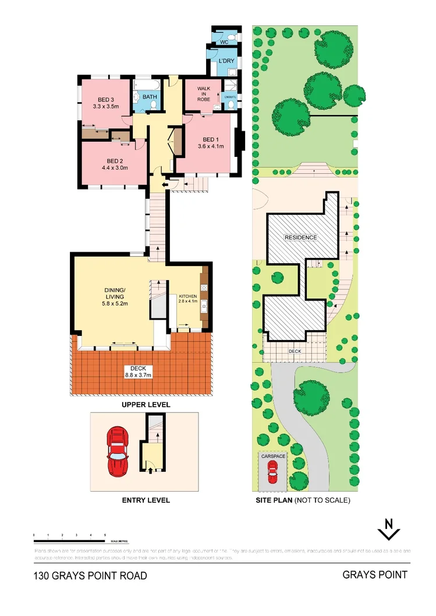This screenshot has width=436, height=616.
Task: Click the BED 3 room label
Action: point(105,99)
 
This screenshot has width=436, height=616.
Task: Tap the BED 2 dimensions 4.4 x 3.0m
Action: point(114,168)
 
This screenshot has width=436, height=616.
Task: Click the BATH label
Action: point(150,97)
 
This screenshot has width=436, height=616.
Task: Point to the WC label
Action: point(224,42)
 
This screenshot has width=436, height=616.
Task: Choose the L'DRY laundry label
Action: point(226,61)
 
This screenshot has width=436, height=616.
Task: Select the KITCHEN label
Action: point(187,295)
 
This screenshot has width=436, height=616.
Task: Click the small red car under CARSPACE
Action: point(272,472)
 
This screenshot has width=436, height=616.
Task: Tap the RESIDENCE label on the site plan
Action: point(300,238)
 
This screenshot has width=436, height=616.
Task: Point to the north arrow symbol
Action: point(388,529)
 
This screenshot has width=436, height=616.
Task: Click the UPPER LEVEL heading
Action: point(146,404)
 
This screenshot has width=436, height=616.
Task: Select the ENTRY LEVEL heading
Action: point(146,500)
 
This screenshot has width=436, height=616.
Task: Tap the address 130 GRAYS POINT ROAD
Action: point(90,576)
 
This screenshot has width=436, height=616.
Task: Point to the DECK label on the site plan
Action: point(295,352)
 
